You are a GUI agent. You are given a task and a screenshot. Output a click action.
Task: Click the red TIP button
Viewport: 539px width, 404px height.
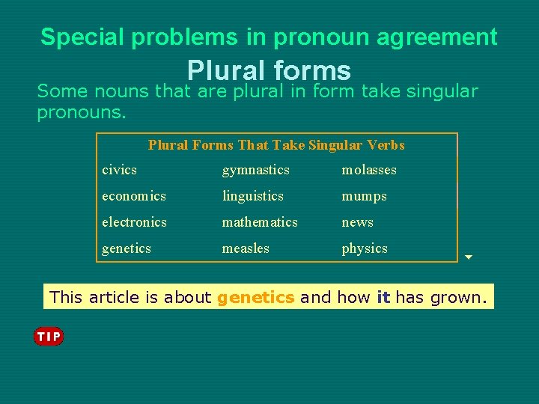tap(49, 337)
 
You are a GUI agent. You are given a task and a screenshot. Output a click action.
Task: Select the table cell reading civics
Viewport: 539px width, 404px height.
tap(120, 170)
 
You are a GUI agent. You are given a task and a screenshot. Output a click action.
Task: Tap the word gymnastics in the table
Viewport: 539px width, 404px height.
tap(255, 170)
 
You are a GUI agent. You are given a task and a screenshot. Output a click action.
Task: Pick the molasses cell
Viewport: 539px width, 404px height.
tap(369, 170)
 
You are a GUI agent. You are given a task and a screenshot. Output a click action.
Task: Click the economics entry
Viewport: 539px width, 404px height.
tap(134, 196)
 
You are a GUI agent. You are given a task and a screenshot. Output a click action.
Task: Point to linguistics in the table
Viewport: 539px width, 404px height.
tap(252, 196)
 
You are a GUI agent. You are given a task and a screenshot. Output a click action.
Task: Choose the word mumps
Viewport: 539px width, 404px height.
tap(364, 196)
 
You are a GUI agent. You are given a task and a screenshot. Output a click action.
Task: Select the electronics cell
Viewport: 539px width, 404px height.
tap(134, 222)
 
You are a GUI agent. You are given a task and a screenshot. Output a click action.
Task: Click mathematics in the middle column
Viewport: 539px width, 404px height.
tap(260, 222)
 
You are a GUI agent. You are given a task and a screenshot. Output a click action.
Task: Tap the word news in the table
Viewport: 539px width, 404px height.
tap(357, 222)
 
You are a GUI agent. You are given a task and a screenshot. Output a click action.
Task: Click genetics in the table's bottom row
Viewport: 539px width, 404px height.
tap(127, 248)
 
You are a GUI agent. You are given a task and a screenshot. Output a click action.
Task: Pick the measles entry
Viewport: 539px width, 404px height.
tap(246, 248)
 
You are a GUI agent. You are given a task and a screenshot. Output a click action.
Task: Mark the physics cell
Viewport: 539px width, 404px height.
tap(365, 248)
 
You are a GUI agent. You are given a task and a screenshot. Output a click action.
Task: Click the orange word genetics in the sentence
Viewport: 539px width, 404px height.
tap(255, 298)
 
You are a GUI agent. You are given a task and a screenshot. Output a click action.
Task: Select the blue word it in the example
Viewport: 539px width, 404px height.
tap(384, 298)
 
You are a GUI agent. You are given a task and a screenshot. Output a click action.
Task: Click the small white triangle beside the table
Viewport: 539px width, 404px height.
tap(469, 257)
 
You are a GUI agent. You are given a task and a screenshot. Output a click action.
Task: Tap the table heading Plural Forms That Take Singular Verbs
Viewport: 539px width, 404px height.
tap(276, 145)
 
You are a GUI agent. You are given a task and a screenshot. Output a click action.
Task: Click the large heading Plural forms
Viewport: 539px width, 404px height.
tap(269, 71)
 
